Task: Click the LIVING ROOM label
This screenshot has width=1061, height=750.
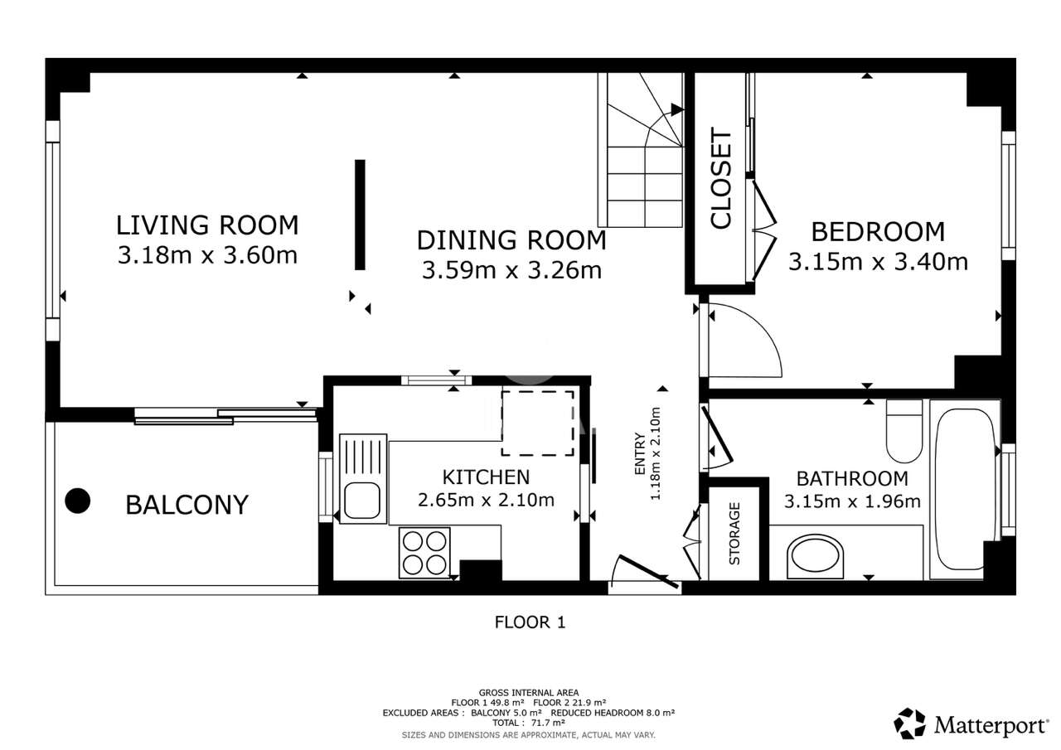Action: pos(207,225)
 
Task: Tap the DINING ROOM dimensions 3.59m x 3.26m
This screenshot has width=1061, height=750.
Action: pos(511,270)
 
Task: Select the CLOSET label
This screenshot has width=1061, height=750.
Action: pos(721,178)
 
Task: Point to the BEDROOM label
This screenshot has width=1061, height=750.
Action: pos(878,231)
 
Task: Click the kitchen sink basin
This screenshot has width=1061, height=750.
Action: pos(362,500)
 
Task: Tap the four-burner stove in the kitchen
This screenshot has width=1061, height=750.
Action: pos(424,553)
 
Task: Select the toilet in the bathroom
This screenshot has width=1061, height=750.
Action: pos(904,431)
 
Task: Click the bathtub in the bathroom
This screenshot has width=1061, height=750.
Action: pos(965,489)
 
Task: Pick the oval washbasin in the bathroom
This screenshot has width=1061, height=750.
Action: pos(815,557)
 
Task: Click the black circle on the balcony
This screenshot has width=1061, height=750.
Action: pos(78,501)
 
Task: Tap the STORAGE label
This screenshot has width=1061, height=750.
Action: pos(734,534)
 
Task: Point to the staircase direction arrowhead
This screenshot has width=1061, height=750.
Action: pos(677,109)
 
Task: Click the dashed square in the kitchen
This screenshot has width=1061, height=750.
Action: pos(538,423)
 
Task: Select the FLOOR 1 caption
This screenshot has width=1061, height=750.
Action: pos(530,622)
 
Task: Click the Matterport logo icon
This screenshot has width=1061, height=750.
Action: pos(909,723)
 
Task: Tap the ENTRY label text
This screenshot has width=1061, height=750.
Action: pos(640,453)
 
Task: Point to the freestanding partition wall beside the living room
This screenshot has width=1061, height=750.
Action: pos(360,215)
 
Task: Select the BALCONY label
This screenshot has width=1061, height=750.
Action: pos(187,505)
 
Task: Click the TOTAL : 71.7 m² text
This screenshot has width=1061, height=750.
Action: pos(529,723)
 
